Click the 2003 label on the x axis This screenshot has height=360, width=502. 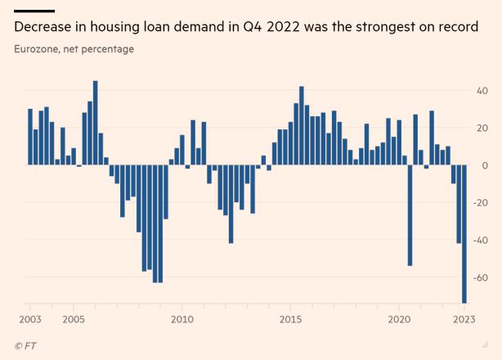tap(30, 318)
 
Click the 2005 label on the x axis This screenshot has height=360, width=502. tap(74, 318)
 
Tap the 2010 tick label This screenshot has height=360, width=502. tap(182, 318)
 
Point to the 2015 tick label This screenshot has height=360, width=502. tap(290, 318)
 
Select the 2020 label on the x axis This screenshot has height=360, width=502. tap(399, 318)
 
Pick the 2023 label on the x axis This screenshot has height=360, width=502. tap(464, 318)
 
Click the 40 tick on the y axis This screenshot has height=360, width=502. tap(483, 90)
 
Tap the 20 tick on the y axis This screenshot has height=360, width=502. tap(483, 128)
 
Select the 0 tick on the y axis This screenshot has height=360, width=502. tap(486, 165)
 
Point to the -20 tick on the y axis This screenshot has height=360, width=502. tap(481, 203)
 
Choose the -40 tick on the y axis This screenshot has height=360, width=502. tap(481, 241)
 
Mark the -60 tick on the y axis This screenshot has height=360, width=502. tap(481, 278)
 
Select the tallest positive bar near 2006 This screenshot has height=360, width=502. tap(96, 123)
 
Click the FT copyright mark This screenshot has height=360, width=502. tap(25, 346)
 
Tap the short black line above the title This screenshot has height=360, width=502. tap(33, 11)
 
